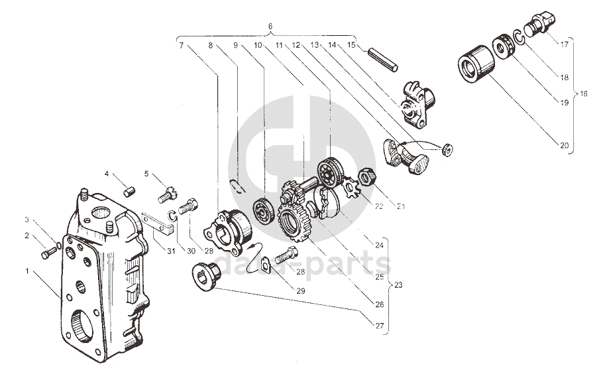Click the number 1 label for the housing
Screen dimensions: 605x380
(27, 271)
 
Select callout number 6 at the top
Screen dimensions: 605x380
(270, 27)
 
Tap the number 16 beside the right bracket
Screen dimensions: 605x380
(584, 94)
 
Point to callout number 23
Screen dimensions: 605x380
(398, 285)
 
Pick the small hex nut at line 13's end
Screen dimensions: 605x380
(447, 150)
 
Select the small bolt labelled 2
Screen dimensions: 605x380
(46, 253)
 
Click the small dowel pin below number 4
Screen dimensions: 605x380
(131, 192)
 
